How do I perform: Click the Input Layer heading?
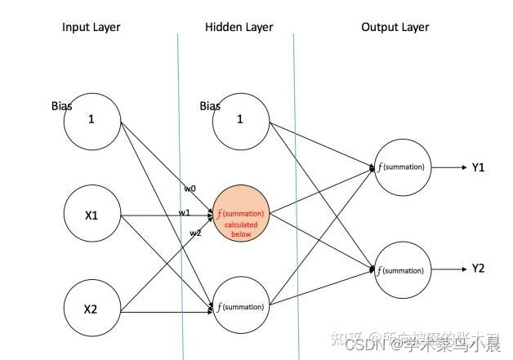click(x=91, y=27)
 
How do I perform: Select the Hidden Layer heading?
click(x=239, y=27)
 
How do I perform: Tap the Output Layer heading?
click(x=395, y=27)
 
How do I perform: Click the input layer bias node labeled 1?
click(x=92, y=119)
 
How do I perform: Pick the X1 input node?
click(x=92, y=216)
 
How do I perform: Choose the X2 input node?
click(x=92, y=310)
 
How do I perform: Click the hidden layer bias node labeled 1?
click(x=240, y=119)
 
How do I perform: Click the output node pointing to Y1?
click(x=401, y=167)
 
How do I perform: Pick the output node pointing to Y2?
click(x=401, y=270)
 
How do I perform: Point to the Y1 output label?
click(x=478, y=167)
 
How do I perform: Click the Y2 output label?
click(x=478, y=269)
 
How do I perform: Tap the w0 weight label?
click(x=189, y=189)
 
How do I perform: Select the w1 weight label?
click(x=185, y=213)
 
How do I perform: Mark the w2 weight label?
click(x=195, y=233)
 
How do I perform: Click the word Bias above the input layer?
click(x=61, y=106)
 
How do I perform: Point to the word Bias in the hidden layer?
click(x=210, y=106)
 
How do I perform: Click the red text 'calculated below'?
click(x=241, y=229)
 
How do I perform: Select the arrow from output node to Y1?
click(x=448, y=167)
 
